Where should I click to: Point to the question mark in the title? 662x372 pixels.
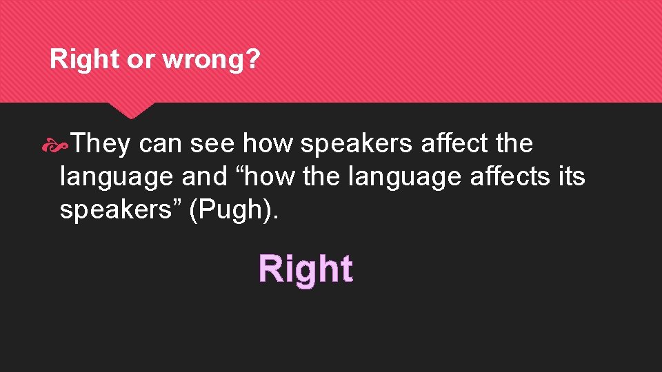(254, 60)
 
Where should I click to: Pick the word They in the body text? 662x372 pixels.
(101, 144)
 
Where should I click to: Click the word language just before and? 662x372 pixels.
(117, 177)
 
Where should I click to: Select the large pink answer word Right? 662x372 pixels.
(305, 269)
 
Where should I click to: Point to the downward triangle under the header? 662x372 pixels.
(131, 110)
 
